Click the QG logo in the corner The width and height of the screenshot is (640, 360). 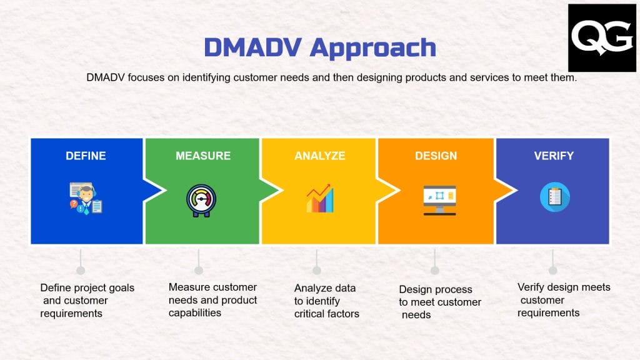(602, 38)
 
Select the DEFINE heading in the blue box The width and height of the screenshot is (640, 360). (86, 156)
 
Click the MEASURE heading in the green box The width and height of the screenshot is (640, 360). (202, 156)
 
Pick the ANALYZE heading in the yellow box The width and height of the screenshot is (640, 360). (319, 156)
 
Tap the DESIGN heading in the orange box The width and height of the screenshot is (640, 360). (436, 156)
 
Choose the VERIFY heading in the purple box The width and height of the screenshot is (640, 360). (553, 156)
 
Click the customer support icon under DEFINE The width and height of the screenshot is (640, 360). (86, 198)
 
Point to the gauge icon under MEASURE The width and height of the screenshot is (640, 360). (202, 200)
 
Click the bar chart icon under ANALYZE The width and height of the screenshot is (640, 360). (319, 199)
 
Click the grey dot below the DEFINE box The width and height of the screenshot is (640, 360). (81, 270)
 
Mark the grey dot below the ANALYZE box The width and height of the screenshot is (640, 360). (317, 270)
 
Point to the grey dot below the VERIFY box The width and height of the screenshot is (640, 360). (553, 270)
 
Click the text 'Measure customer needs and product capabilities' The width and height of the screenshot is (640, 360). (212, 300)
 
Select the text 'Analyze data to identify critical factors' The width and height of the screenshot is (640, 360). (326, 301)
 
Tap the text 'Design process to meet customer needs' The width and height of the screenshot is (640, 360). (439, 302)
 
